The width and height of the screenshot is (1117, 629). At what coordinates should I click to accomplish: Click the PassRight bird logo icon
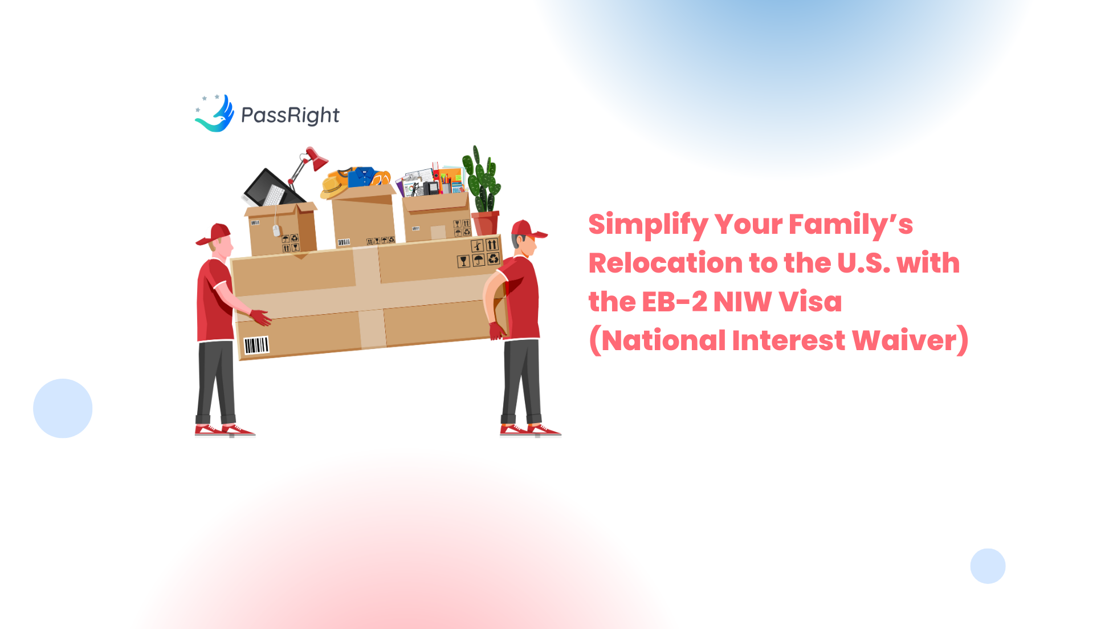215,113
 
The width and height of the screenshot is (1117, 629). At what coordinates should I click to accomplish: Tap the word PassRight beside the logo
290,116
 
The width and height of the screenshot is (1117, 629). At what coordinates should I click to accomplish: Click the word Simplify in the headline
648,225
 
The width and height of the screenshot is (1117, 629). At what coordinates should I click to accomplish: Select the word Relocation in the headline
665,263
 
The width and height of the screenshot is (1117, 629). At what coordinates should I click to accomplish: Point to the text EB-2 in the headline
674,302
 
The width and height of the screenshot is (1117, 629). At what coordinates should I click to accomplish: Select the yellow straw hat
333,186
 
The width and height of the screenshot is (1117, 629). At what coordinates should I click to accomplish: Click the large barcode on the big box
256,345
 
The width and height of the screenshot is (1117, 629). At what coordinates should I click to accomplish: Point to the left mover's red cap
216,234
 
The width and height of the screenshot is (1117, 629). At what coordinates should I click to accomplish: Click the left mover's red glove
260,317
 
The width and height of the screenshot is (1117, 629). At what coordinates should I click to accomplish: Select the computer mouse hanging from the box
276,230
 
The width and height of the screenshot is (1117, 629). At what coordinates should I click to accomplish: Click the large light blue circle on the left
63,408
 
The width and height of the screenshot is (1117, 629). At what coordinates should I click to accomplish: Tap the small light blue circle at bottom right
988,566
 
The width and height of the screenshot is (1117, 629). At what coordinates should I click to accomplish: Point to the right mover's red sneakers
530,429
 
